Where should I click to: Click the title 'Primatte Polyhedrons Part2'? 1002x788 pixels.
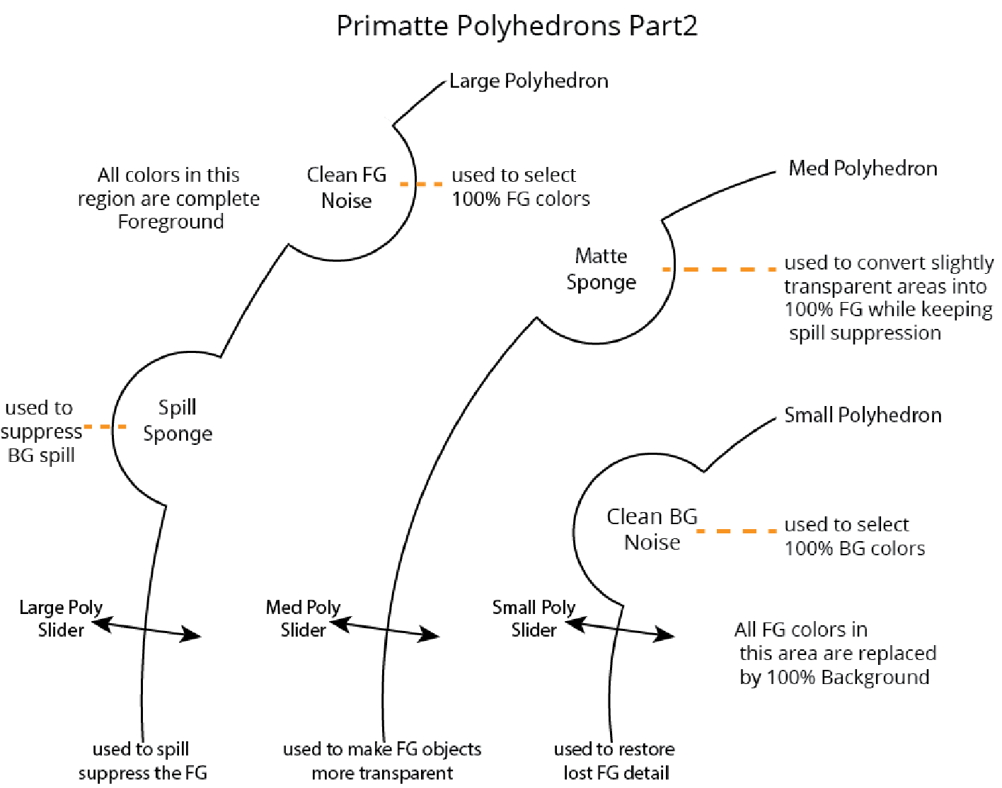point(517,26)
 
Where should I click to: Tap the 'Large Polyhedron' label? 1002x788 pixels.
point(529,81)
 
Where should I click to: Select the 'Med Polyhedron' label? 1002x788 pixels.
point(863,168)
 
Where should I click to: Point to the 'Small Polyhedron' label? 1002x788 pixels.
point(863,415)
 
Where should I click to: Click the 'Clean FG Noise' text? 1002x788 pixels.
point(347,187)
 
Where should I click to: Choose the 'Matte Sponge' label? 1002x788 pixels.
point(601,269)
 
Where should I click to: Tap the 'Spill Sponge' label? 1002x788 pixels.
point(178,420)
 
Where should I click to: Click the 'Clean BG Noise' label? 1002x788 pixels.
point(652,529)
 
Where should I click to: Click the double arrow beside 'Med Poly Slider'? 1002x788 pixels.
point(384,629)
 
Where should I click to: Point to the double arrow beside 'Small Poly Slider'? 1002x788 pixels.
point(619,629)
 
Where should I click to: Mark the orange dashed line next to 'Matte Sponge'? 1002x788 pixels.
point(719,270)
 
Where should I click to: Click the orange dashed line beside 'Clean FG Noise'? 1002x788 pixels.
point(421,184)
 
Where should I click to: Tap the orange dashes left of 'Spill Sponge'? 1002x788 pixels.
point(105,427)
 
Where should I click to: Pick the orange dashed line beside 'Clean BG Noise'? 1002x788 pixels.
point(737,531)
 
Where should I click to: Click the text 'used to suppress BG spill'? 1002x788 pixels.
point(41,431)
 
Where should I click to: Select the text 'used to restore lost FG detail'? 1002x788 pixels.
point(614,761)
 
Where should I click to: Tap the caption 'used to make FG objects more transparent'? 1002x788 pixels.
point(382,761)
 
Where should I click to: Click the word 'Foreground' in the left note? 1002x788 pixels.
point(171,222)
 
